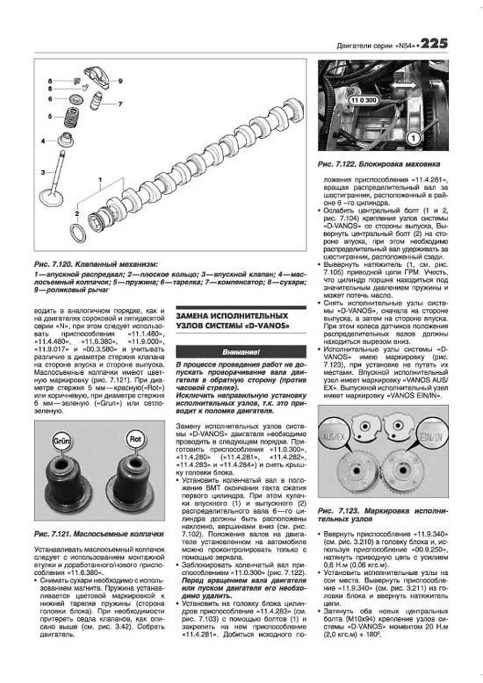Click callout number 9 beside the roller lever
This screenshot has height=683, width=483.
pyautogui.click(x=120, y=81)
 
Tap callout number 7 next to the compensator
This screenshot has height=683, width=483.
pyautogui.click(x=120, y=104)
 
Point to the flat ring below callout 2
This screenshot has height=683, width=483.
pyautogui.click(x=78, y=233)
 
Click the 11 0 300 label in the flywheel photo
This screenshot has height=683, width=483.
pyautogui.click(x=363, y=100)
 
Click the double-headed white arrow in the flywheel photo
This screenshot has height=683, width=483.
pyautogui.click(x=404, y=85)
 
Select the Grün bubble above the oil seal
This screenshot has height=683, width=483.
pyautogui.click(x=61, y=440)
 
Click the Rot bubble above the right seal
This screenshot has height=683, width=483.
pyautogui.click(x=135, y=439)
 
